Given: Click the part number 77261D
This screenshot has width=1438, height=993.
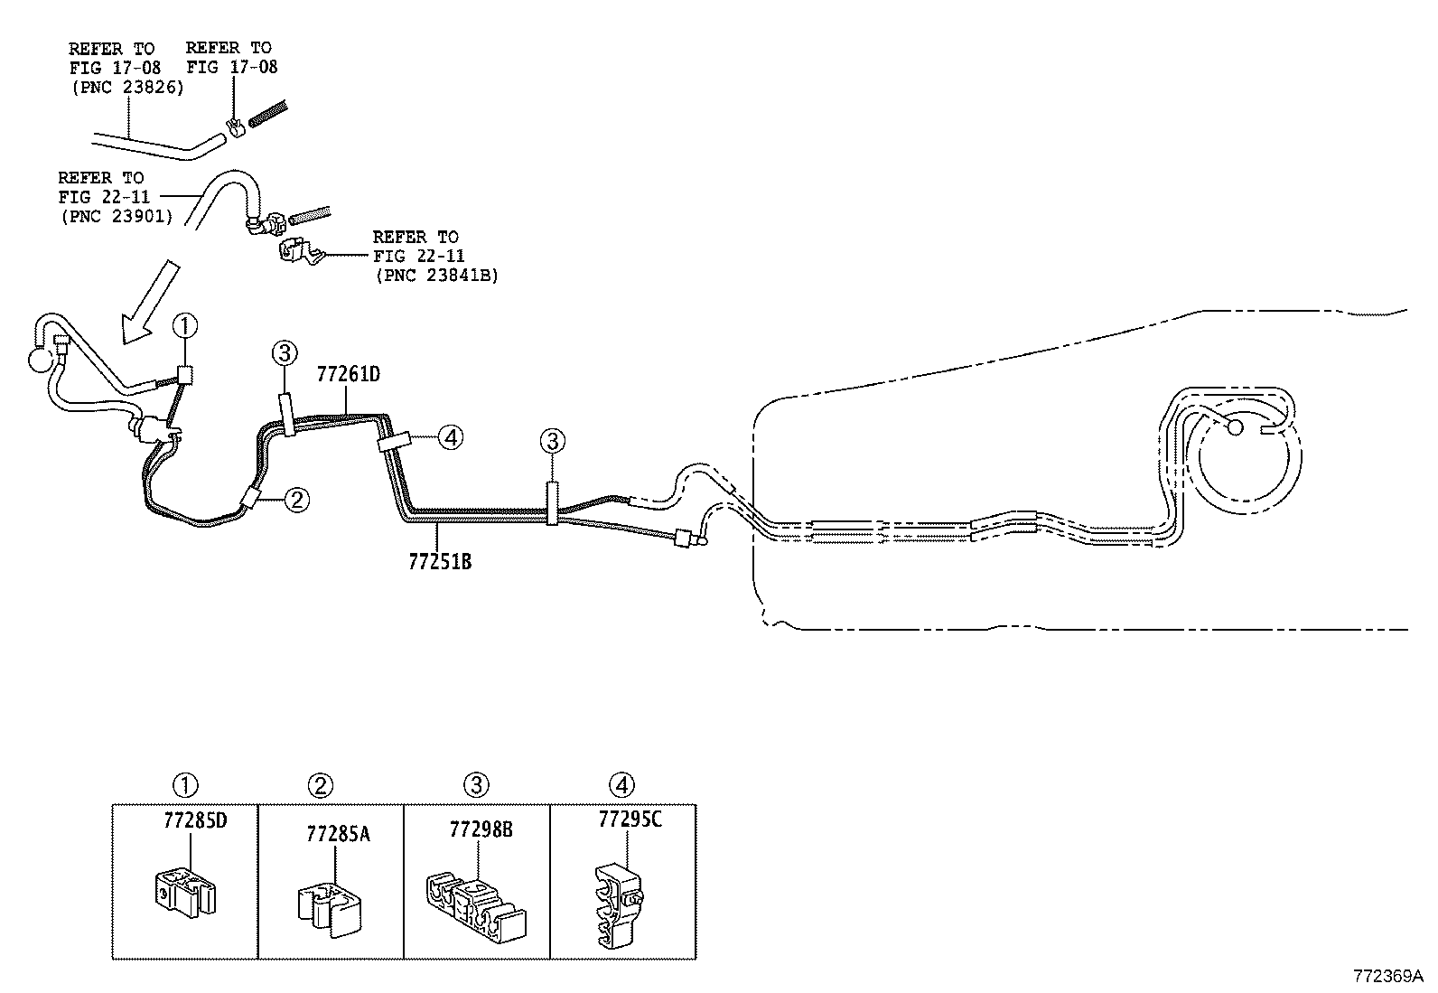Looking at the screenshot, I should [348, 375].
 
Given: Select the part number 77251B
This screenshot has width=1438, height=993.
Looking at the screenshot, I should [440, 562].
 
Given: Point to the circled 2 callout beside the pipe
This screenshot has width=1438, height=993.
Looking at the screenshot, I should [297, 499].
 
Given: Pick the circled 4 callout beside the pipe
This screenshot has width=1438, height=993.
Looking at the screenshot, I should [451, 438].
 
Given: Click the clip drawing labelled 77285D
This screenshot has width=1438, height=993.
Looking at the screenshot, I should [183, 890].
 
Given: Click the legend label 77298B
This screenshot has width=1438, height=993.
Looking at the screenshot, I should [481, 829].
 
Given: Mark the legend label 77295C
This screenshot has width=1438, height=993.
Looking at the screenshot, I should [630, 820].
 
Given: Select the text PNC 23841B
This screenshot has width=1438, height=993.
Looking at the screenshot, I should [436, 276].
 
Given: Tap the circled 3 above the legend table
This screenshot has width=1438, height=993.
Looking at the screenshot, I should [477, 785].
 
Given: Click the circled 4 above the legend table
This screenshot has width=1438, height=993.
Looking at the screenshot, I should [622, 785].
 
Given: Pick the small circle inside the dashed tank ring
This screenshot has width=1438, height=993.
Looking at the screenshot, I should [1235, 426].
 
